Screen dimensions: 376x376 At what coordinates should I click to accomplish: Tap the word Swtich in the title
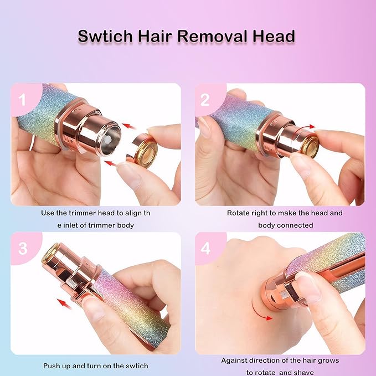(105, 37)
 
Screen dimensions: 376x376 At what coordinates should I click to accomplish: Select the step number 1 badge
(23, 100)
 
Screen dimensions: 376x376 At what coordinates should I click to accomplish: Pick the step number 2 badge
(205, 100)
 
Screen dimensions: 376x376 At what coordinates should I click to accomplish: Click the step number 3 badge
(23, 248)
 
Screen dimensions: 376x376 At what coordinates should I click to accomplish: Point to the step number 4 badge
(205, 249)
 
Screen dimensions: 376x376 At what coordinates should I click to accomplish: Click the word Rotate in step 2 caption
(238, 213)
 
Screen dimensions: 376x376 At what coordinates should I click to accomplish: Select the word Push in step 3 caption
(53, 366)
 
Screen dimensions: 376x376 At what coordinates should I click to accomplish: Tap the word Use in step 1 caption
(47, 213)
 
